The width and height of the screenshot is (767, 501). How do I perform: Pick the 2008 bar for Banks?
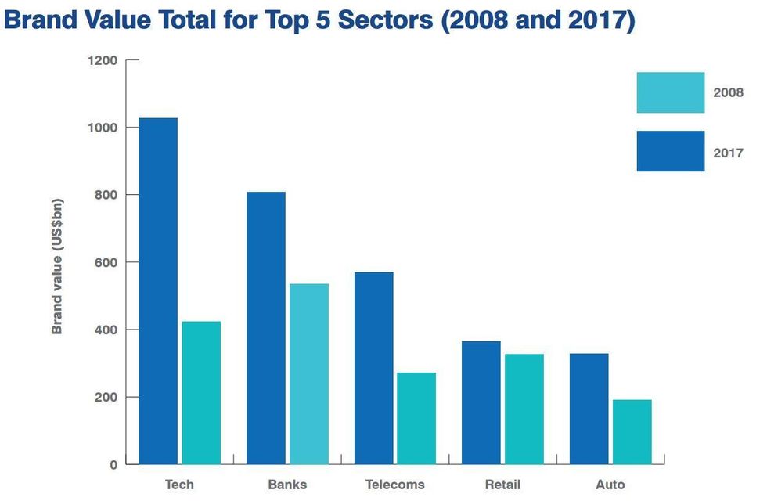coord(309,373)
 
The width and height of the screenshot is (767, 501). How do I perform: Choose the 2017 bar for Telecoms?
coord(373,368)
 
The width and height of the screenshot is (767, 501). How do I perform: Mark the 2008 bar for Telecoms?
coord(416,418)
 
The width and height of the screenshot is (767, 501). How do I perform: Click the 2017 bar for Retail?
coord(481,402)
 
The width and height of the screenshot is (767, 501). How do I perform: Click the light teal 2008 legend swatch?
coord(671,92)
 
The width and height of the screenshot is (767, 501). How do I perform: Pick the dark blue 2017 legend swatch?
coord(671,151)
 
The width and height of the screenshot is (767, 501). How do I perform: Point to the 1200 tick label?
coord(103,60)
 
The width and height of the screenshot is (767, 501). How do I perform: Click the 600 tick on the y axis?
coord(106,262)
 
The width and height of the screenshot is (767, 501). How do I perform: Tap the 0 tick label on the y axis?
coord(113,464)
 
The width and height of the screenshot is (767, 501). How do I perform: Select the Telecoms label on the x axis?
coord(394,485)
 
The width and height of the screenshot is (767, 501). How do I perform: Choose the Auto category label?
coord(610,485)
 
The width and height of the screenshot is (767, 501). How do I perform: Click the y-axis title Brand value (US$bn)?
coord(57,266)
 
